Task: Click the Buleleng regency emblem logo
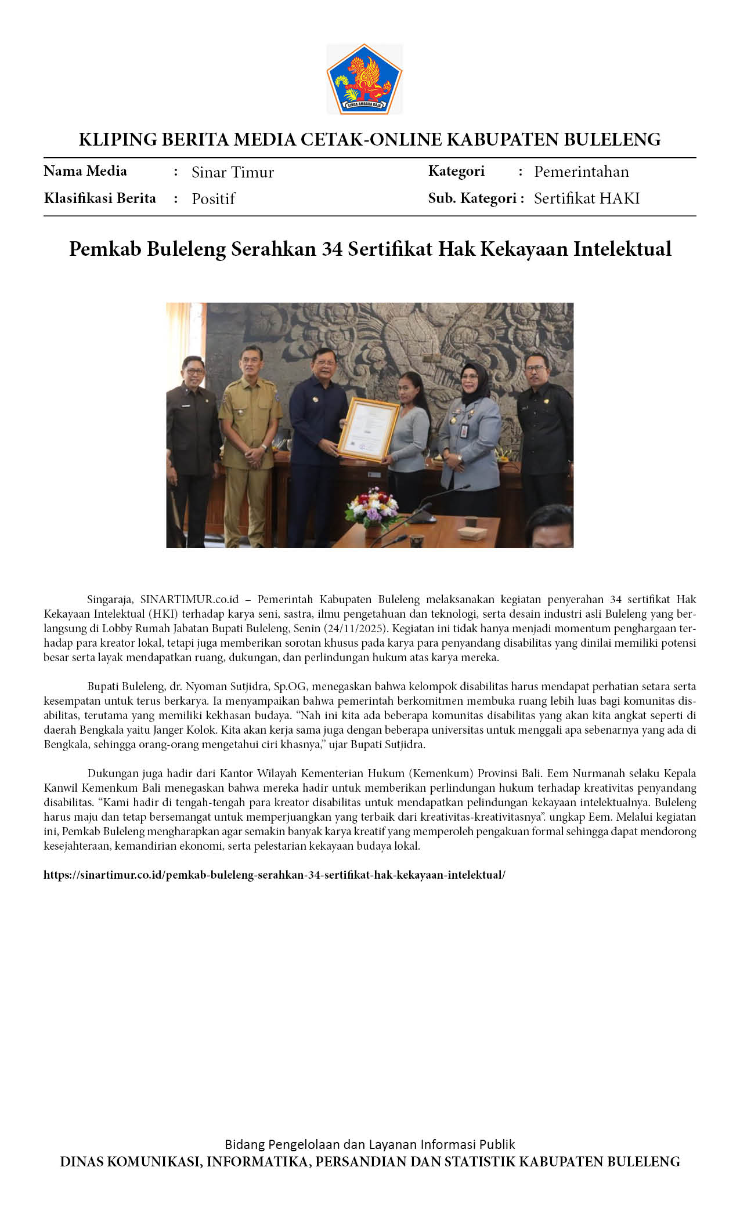tap(364, 79)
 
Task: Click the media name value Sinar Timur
tap(232, 172)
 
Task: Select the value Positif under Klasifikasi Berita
tap(213, 199)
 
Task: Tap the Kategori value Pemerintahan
tap(581, 172)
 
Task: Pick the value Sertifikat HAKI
tap(586, 198)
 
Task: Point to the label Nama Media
tap(85, 171)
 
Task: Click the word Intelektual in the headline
tap(622, 249)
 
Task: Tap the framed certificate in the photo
tap(369, 429)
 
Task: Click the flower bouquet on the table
tap(372, 507)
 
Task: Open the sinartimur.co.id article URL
tap(274, 875)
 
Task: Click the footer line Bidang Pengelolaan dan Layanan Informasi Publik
tap(370, 1144)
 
